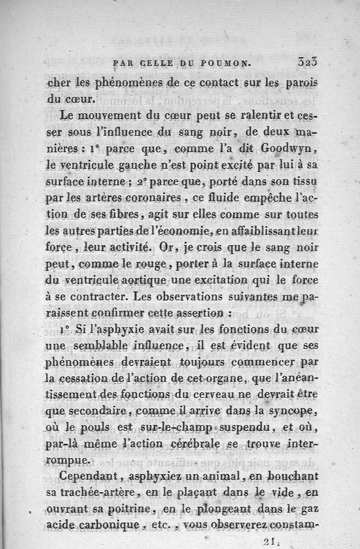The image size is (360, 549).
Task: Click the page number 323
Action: (308, 62)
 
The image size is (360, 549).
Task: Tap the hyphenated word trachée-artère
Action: (107, 492)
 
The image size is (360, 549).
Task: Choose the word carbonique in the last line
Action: (114, 524)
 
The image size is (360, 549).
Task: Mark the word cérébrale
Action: (188, 444)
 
